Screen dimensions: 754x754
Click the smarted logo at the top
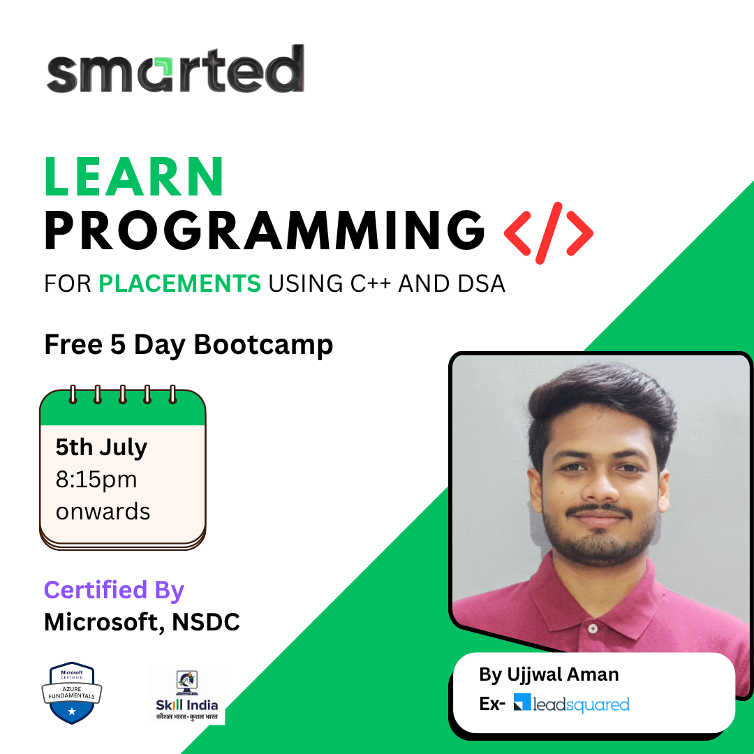(x=175, y=68)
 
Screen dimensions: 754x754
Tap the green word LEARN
(x=134, y=177)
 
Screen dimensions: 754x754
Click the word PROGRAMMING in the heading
(x=265, y=230)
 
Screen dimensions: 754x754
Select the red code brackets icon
(x=548, y=233)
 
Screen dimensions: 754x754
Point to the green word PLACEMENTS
(x=180, y=283)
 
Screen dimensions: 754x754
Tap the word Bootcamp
(x=263, y=346)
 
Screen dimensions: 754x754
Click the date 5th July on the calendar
(x=101, y=448)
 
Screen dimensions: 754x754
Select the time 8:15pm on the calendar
(x=96, y=480)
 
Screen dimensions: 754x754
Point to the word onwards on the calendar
(x=103, y=512)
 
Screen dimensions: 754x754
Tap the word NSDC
(x=206, y=622)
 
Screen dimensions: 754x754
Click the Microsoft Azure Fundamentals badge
(x=72, y=693)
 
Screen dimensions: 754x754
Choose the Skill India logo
(x=186, y=695)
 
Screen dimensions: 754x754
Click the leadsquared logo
(x=571, y=704)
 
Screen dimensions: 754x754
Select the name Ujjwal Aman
(x=563, y=674)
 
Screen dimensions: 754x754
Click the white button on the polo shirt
(x=593, y=628)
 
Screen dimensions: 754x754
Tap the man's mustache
(x=599, y=510)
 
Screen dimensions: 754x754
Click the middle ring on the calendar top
(x=123, y=394)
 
